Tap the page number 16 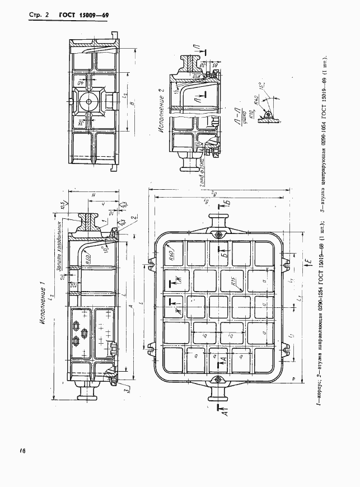coord(22,450)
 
